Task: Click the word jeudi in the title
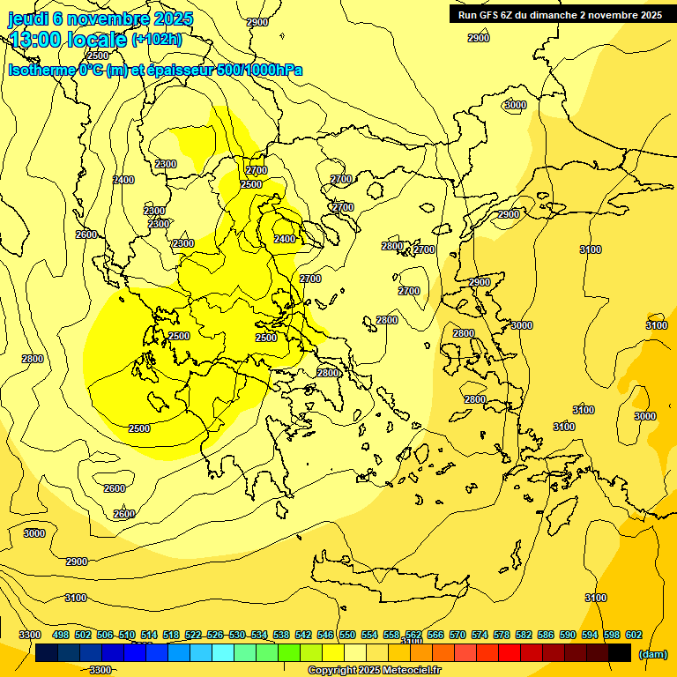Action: [28, 19]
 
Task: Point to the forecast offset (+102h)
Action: [157, 40]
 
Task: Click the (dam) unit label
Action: [652, 653]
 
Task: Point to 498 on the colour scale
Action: [61, 635]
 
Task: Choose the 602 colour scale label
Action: [634, 635]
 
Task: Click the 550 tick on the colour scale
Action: [347, 635]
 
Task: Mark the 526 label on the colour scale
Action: [215, 635]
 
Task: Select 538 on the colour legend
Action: [281, 635]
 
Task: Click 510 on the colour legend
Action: [127, 635]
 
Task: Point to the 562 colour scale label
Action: [413, 635]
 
